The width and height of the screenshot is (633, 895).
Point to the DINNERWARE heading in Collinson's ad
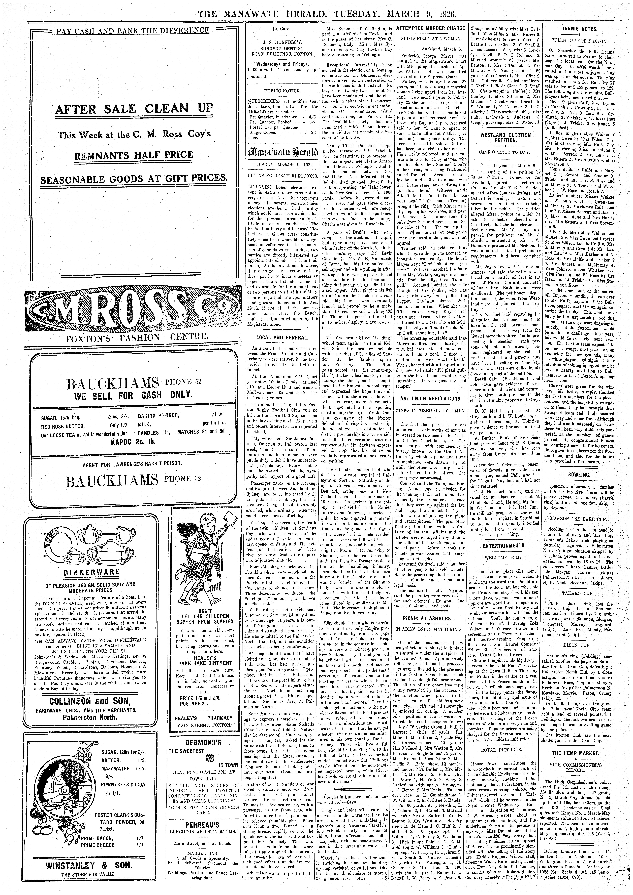[x=96, y=572]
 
